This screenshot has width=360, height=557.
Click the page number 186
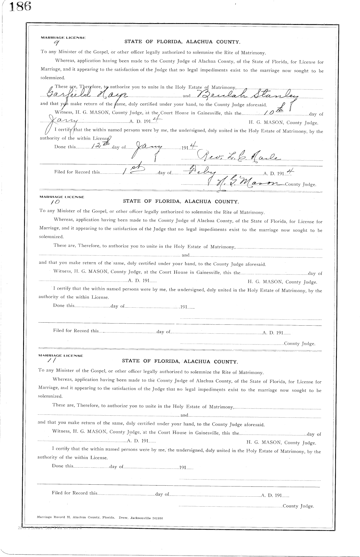coord(20,7)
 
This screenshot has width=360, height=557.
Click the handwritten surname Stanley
coord(270,95)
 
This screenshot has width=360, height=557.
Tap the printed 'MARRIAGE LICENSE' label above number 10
coord(62,197)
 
